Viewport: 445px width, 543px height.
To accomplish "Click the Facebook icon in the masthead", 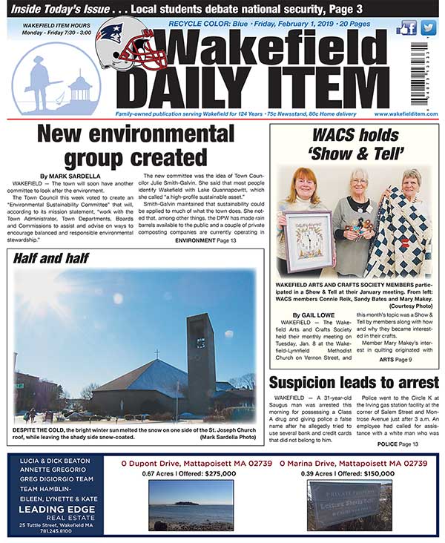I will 407,28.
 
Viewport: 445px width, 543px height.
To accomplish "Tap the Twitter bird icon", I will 428,28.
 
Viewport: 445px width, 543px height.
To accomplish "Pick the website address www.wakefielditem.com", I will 406,113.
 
